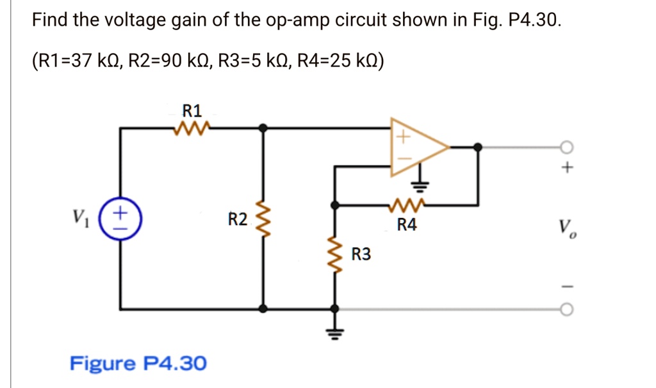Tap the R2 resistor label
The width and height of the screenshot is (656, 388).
click(237, 220)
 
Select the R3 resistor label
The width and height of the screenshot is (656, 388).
click(361, 255)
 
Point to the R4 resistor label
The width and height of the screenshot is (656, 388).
click(407, 225)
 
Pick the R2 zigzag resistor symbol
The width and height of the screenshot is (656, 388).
click(262, 219)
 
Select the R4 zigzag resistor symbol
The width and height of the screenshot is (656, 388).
click(407, 206)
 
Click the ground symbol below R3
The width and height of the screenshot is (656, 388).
click(333, 331)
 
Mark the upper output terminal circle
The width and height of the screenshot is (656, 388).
click(564, 147)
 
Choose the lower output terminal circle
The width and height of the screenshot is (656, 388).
click(564, 309)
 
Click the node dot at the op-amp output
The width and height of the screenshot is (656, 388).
click(477, 147)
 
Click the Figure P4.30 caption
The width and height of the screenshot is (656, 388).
click(138, 364)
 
